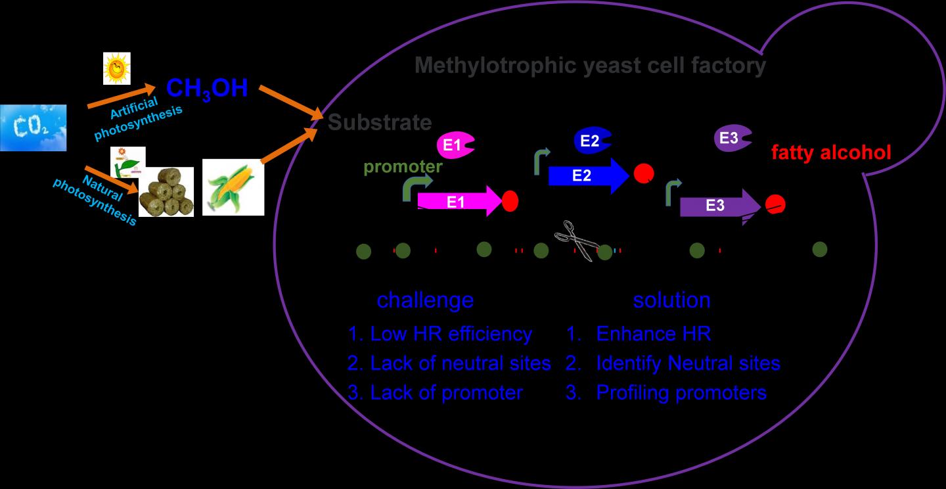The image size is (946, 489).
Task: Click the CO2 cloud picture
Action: coord(33,128)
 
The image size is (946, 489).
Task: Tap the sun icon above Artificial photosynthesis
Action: coord(117,68)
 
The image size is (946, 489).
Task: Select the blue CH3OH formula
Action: coord(207,88)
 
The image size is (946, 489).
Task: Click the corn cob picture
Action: coord(233,187)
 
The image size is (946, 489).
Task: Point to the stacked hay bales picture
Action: coord(166,192)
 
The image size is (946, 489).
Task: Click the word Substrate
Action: coord(380,122)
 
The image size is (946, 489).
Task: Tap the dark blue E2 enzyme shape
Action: coord(592,139)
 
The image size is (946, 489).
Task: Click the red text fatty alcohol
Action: coord(831,153)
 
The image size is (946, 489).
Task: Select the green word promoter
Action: coord(403,167)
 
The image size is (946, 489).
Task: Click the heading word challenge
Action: coord(424,300)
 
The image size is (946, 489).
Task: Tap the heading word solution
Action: coord(671,300)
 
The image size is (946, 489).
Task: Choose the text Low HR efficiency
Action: coord(451,333)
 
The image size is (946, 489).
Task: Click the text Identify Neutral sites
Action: coord(688,363)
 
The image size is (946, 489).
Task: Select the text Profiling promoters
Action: coord(681,392)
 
